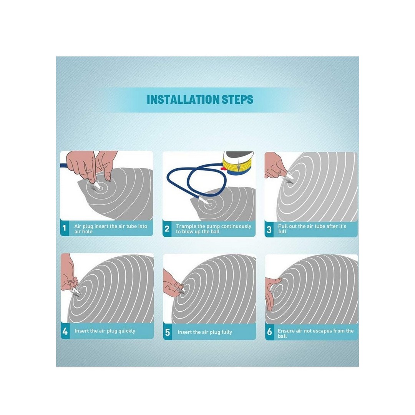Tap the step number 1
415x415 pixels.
click(64, 228)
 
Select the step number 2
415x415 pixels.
click(167, 229)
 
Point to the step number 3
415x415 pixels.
click(269, 229)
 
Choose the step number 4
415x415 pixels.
click(65, 331)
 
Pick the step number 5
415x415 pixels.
click(167, 332)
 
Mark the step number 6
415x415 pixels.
click(269, 331)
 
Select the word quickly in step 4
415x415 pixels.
click(126, 331)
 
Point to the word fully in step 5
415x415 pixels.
click(226, 332)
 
